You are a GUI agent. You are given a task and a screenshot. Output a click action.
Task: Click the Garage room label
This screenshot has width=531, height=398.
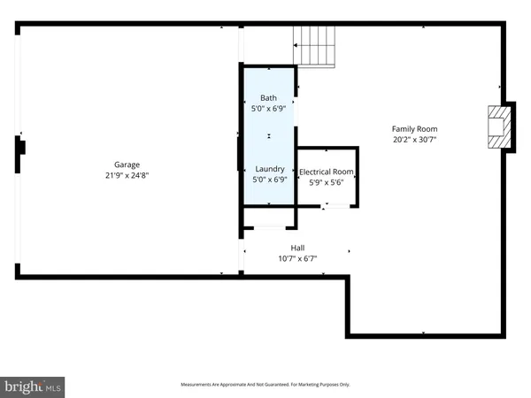coord(127,164)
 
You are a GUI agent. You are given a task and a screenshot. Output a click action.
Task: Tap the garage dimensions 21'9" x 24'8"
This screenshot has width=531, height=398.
coord(127,175)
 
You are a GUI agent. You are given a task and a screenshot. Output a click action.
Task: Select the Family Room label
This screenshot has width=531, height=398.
coord(415,127)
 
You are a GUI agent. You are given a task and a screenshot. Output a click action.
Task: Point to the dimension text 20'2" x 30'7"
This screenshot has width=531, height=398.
coord(415,139)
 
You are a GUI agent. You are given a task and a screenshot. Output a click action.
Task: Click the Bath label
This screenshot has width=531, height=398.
coord(269,97)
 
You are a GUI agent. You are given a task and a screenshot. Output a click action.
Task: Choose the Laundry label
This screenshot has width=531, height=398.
coord(269,169)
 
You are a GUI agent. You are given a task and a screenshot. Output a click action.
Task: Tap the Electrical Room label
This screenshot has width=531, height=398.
coord(327,172)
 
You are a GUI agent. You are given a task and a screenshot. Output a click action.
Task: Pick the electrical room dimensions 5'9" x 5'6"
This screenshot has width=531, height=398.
coord(327,183)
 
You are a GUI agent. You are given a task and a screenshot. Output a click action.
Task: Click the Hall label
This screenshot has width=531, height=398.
coord(298,248)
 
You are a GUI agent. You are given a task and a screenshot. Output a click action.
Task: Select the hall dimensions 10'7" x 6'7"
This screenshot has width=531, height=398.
coord(298,259)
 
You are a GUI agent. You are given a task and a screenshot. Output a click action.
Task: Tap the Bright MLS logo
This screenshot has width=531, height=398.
coord(34,386)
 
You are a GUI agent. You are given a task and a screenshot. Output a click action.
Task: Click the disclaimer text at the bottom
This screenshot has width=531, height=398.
coord(265,385)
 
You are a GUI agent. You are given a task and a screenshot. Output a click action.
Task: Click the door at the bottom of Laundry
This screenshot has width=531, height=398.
coord(270,228)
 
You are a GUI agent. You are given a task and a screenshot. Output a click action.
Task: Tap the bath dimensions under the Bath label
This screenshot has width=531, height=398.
coord(269,108)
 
